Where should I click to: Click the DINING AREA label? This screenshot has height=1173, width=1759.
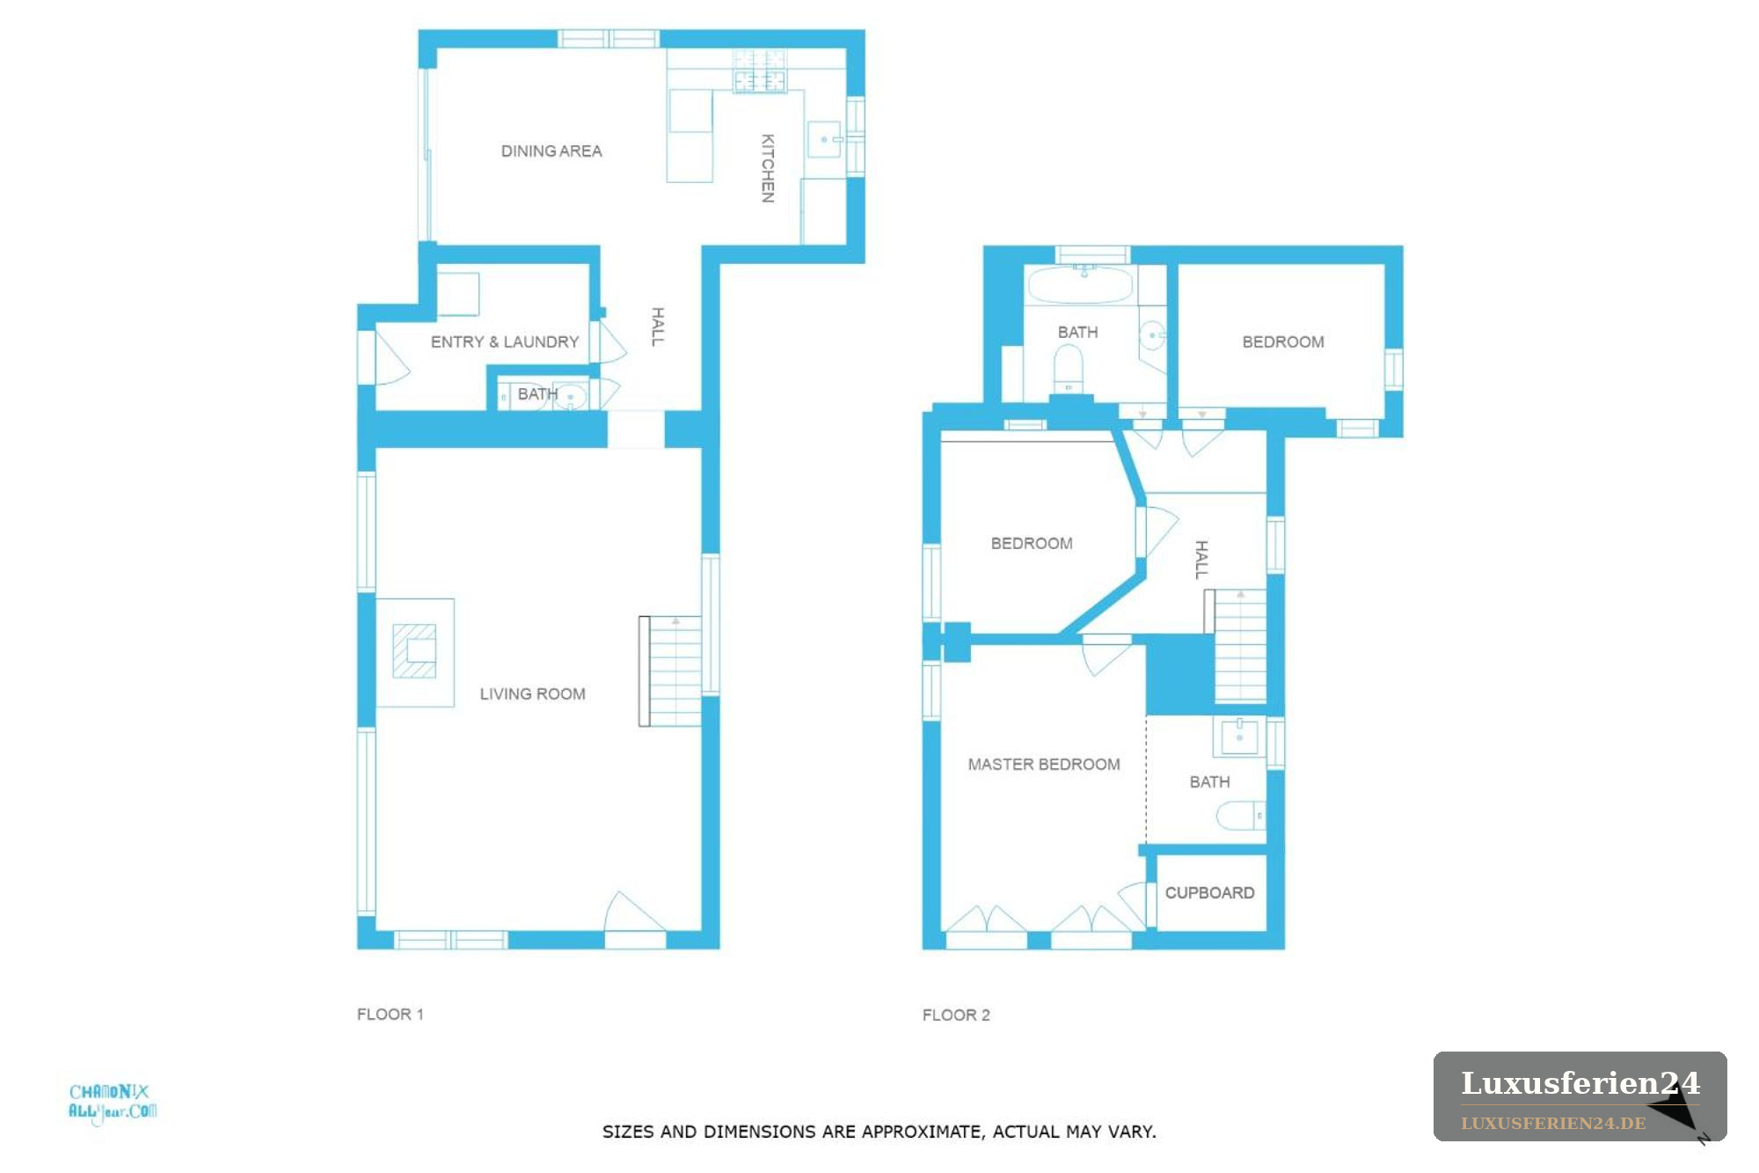coord(551,151)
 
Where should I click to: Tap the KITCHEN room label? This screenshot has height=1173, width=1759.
coord(768,168)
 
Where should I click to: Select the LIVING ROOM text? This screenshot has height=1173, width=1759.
coord(532,694)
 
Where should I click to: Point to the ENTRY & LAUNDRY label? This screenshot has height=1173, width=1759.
coord(505,342)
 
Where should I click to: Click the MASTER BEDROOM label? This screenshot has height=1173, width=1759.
coord(1044,765)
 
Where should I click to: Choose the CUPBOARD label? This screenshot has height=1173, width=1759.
coord(1209,893)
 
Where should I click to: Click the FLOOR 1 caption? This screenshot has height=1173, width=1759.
coord(390,1015)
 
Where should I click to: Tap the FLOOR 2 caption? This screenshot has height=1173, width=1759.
coord(956,1015)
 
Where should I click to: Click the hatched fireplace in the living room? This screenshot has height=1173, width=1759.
coord(414,651)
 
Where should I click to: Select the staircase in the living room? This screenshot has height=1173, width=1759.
coord(670,671)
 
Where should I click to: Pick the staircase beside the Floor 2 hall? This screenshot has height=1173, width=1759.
coord(1236,646)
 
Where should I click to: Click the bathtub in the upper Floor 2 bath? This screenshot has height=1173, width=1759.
coord(1081,285)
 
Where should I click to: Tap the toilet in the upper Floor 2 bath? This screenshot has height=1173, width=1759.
coord(1069,370)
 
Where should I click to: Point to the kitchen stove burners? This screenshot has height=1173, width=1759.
coord(760,70)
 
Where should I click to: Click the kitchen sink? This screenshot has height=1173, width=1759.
coord(825,139)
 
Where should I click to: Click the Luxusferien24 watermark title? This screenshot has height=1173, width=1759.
coord(1580,1083)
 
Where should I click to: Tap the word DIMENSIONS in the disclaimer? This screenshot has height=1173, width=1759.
coord(778,1132)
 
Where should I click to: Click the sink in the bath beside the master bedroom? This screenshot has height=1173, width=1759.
coord(1239,737)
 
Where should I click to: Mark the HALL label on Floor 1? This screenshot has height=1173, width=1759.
coord(658,326)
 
